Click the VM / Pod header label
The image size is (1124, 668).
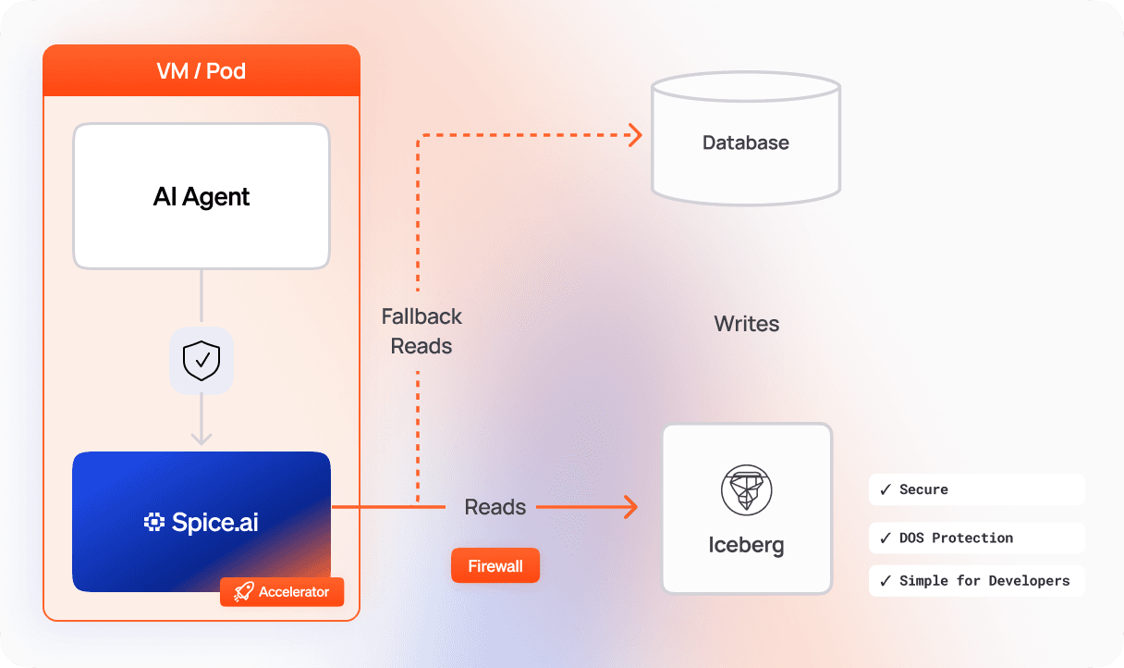pyautogui.click(x=201, y=71)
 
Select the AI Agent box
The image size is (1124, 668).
pyautogui.click(x=202, y=196)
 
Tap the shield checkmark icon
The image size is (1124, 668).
pyautogui.click(x=202, y=361)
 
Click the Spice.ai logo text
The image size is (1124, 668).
pyautogui.click(x=202, y=522)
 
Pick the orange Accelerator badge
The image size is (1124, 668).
pyautogui.click(x=282, y=592)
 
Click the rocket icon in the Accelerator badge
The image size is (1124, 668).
pyautogui.click(x=243, y=592)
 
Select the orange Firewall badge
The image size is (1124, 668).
pyautogui.click(x=495, y=566)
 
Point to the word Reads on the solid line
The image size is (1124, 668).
pyautogui.click(x=495, y=507)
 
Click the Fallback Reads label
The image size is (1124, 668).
pyautogui.click(x=421, y=331)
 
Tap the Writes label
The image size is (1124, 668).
pyautogui.click(x=746, y=324)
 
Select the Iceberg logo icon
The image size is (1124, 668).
pyautogui.click(x=746, y=489)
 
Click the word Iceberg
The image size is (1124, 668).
pyautogui.click(x=746, y=545)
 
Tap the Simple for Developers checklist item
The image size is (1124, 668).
pyautogui.click(x=976, y=581)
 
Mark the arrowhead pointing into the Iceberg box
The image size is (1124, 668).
pyautogui.click(x=630, y=507)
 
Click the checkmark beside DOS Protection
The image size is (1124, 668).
pyautogui.click(x=886, y=538)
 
